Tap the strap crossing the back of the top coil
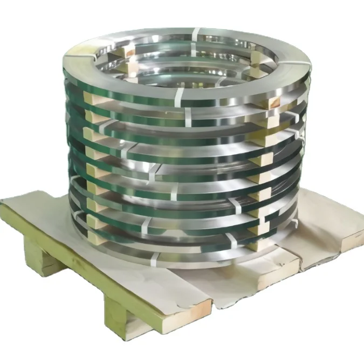[x=195, y=34]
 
